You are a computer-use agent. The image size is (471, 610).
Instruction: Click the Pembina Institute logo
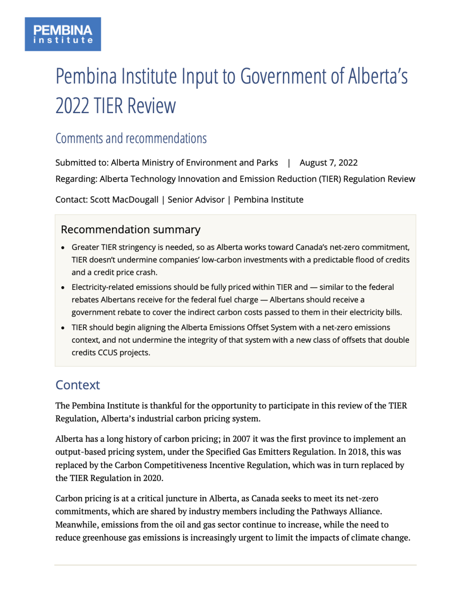coord(63,34)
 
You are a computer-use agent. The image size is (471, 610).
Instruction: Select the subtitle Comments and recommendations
coord(131,139)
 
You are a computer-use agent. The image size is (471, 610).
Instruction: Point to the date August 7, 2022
coord(328,163)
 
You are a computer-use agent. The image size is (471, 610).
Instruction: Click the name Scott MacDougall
coord(124,199)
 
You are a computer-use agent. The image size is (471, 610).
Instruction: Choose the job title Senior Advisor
coord(196,199)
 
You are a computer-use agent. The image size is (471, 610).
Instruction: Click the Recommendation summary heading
coord(130,230)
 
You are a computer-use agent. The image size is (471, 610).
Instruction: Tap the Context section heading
coord(78,385)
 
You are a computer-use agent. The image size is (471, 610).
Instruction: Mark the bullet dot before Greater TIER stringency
coord(63,247)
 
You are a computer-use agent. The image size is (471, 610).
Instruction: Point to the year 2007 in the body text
coord(241,439)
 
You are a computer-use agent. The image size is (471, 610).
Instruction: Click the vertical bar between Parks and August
coord(289,163)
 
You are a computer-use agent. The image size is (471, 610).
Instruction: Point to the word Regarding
coord(75,179)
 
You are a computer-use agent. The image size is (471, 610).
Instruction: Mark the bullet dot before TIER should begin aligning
coord(63,328)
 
